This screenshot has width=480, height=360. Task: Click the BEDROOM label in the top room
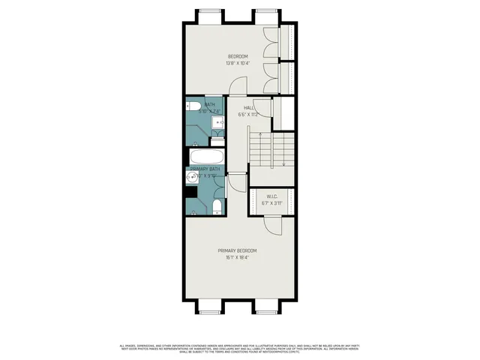pos(238,56)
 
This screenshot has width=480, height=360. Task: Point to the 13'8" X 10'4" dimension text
pos(238,63)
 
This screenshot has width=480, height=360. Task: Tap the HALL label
pos(248,108)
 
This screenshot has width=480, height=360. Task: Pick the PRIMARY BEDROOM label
pos(238,250)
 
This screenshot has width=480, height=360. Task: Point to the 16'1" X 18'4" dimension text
pos(238,257)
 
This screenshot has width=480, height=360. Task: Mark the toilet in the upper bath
pos(191,106)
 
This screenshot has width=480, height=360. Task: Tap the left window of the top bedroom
pos(210,14)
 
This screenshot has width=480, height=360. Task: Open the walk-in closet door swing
pos(271,223)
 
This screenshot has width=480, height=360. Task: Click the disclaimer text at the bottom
pos(240,347)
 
